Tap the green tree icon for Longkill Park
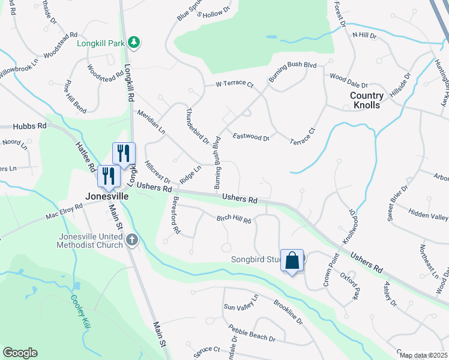click(136, 42)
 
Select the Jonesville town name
click(106, 196)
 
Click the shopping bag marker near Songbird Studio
click(292, 261)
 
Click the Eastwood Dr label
click(251, 137)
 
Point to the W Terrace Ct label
click(235, 85)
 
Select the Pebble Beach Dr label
click(251, 332)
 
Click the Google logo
click(20, 353)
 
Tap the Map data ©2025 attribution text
click(423, 355)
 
